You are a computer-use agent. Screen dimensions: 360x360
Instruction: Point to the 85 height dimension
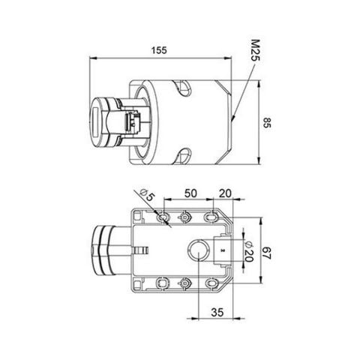click(266, 124)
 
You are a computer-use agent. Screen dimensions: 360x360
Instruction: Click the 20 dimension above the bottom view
click(223, 193)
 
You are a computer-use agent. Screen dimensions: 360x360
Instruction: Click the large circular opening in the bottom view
click(197, 253)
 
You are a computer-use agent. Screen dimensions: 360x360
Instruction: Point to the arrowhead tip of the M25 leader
click(233, 121)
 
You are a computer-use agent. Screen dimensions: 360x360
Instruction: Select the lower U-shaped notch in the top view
click(183, 157)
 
